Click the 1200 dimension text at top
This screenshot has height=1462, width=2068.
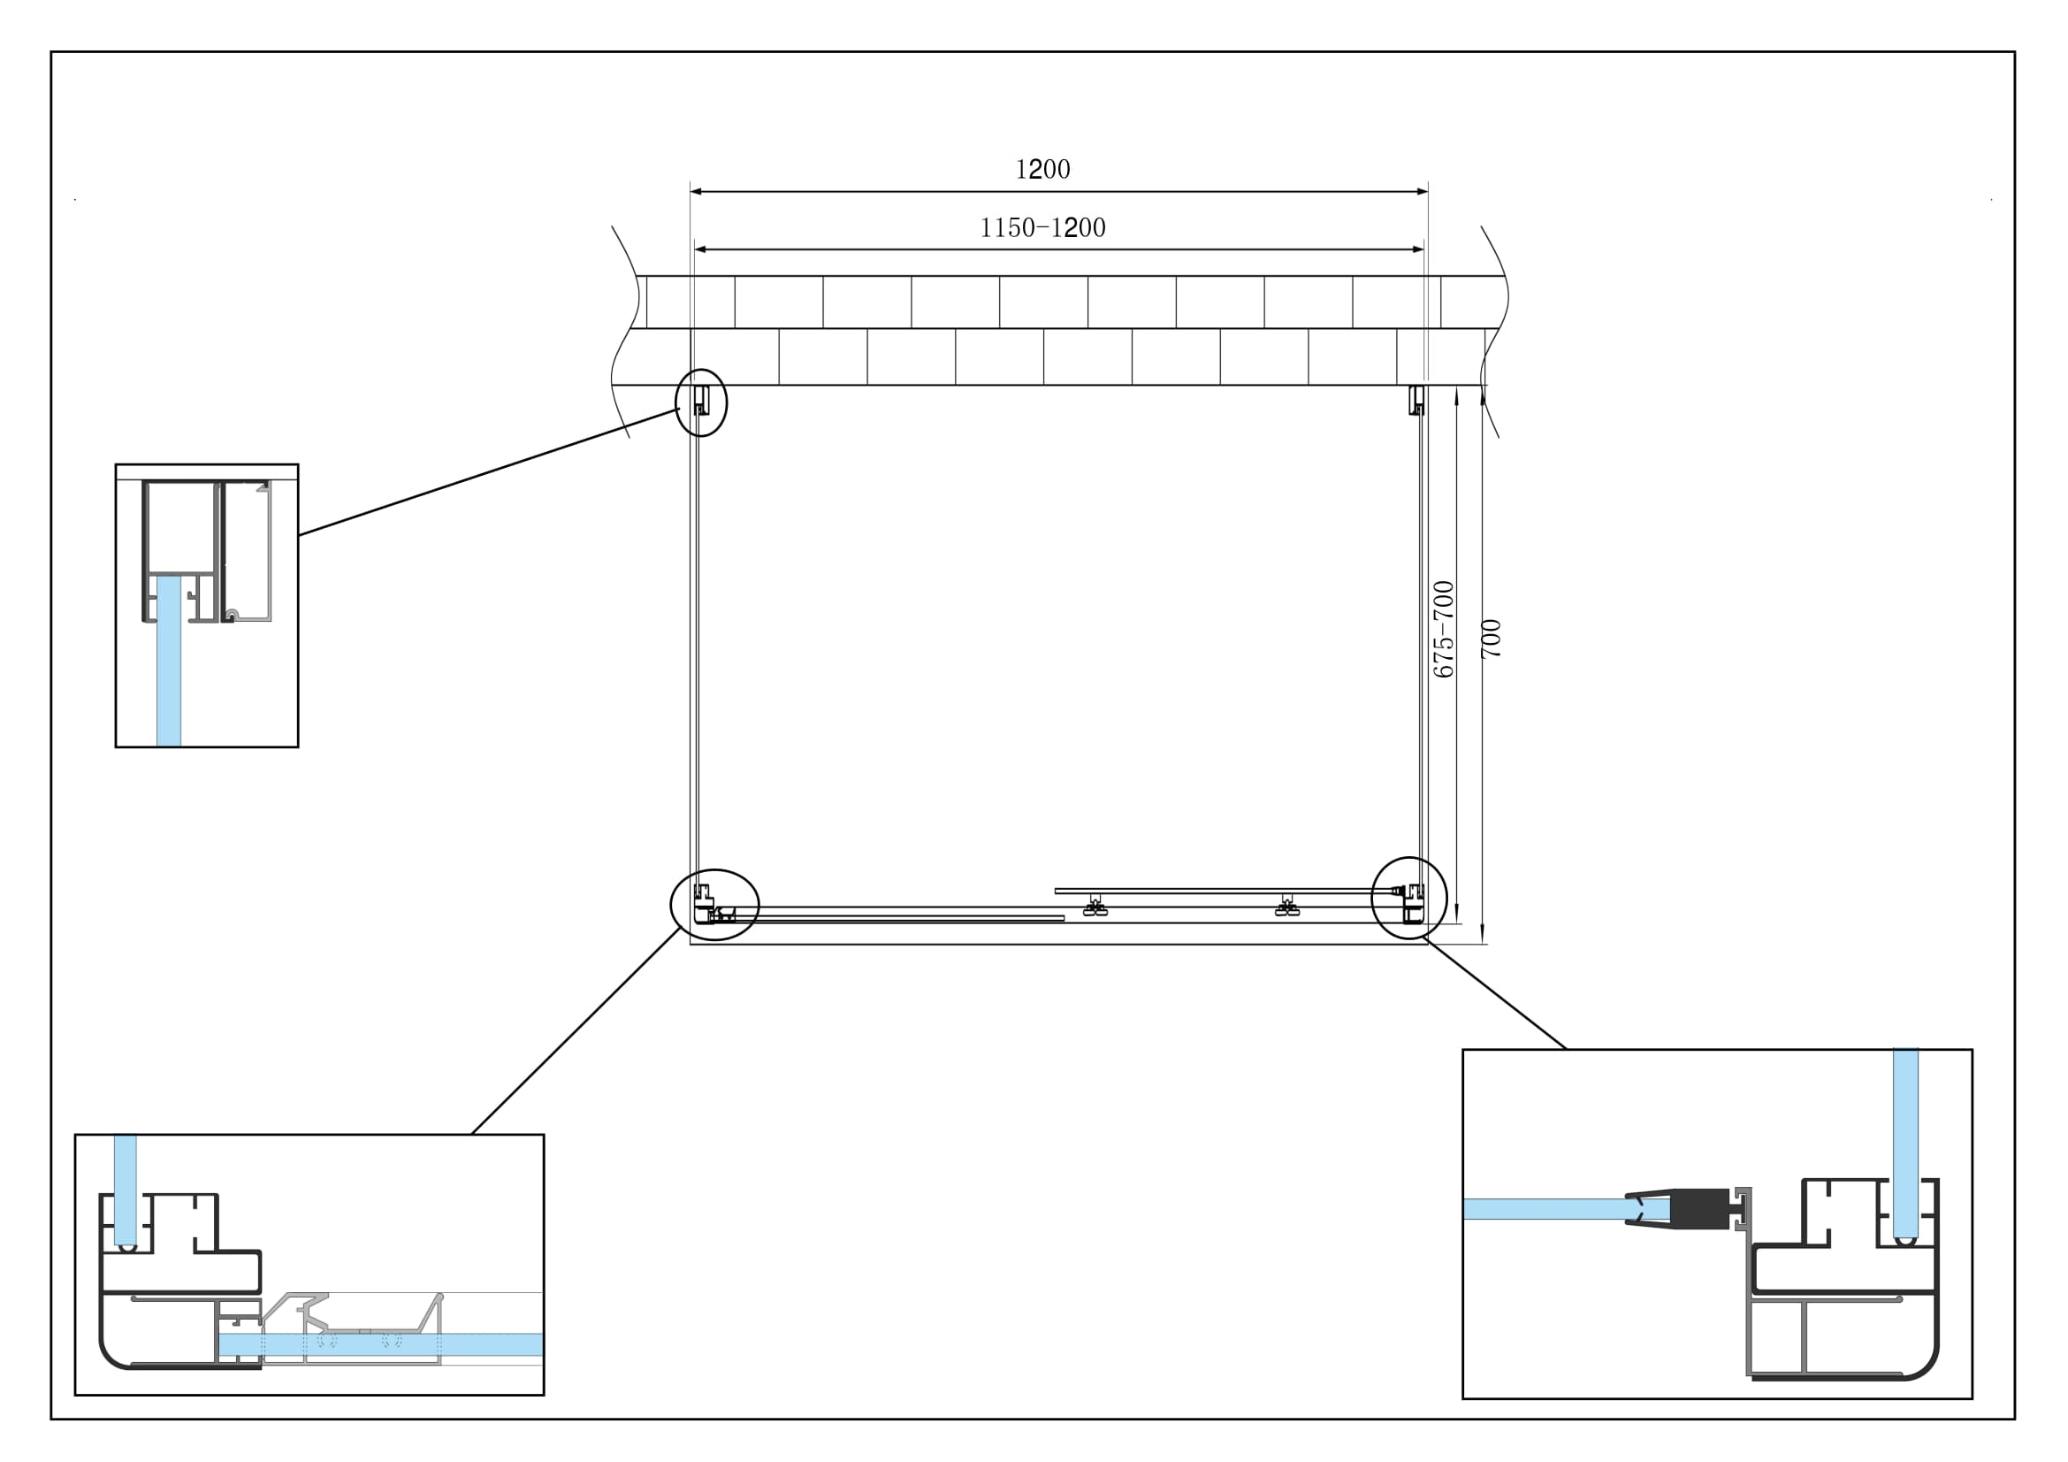click(1042, 169)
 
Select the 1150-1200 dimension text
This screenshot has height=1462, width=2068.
click(1042, 228)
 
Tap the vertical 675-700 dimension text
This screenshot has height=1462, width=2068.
click(1444, 629)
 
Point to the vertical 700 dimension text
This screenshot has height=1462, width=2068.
click(1492, 639)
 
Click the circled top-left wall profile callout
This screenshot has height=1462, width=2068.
click(701, 402)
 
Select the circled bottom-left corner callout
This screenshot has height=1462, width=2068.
click(715, 905)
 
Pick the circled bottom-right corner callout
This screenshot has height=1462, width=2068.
click(1408, 897)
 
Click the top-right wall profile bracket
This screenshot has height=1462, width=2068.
click(1416, 400)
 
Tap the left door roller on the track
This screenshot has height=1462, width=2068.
click(1095, 907)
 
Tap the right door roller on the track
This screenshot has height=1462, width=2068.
click(1287, 907)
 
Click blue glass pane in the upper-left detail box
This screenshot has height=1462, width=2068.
click(169, 662)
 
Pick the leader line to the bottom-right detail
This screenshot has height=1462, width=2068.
click(1495, 993)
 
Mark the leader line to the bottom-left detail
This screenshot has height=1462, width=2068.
click(576, 1030)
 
